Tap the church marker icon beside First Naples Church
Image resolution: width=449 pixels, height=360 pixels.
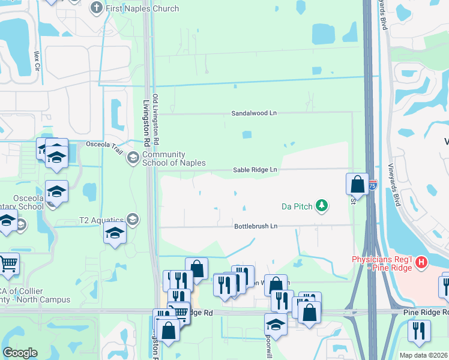pyautogui.click(x=96, y=8)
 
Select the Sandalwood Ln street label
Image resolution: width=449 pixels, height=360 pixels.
pyautogui.click(x=255, y=113)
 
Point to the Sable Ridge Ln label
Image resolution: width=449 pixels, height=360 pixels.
pyautogui.click(x=255, y=170)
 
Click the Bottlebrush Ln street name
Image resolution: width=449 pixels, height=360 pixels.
pyautogui.click(x=256, y=226)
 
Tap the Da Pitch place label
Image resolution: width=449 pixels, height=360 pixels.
pyautogui.click(x=297, y=206)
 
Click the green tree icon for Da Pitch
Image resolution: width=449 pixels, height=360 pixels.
pyautogui.click(x=322, y=206)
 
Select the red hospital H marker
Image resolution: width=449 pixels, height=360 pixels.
pyautogui.click(x=421, y=262)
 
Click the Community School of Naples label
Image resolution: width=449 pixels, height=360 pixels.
pyautogui.click(x=174, y=158)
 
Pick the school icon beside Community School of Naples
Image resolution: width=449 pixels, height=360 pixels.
pyautogui.click(x=133, y=158)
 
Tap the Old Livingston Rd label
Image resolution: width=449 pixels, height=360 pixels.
pyautogui.click(x=155, y=119)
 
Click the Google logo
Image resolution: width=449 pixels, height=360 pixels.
pyautogui.click(x=20, y=353)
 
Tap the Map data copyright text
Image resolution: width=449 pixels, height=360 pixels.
pyautogui.click(x=423, y=355)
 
